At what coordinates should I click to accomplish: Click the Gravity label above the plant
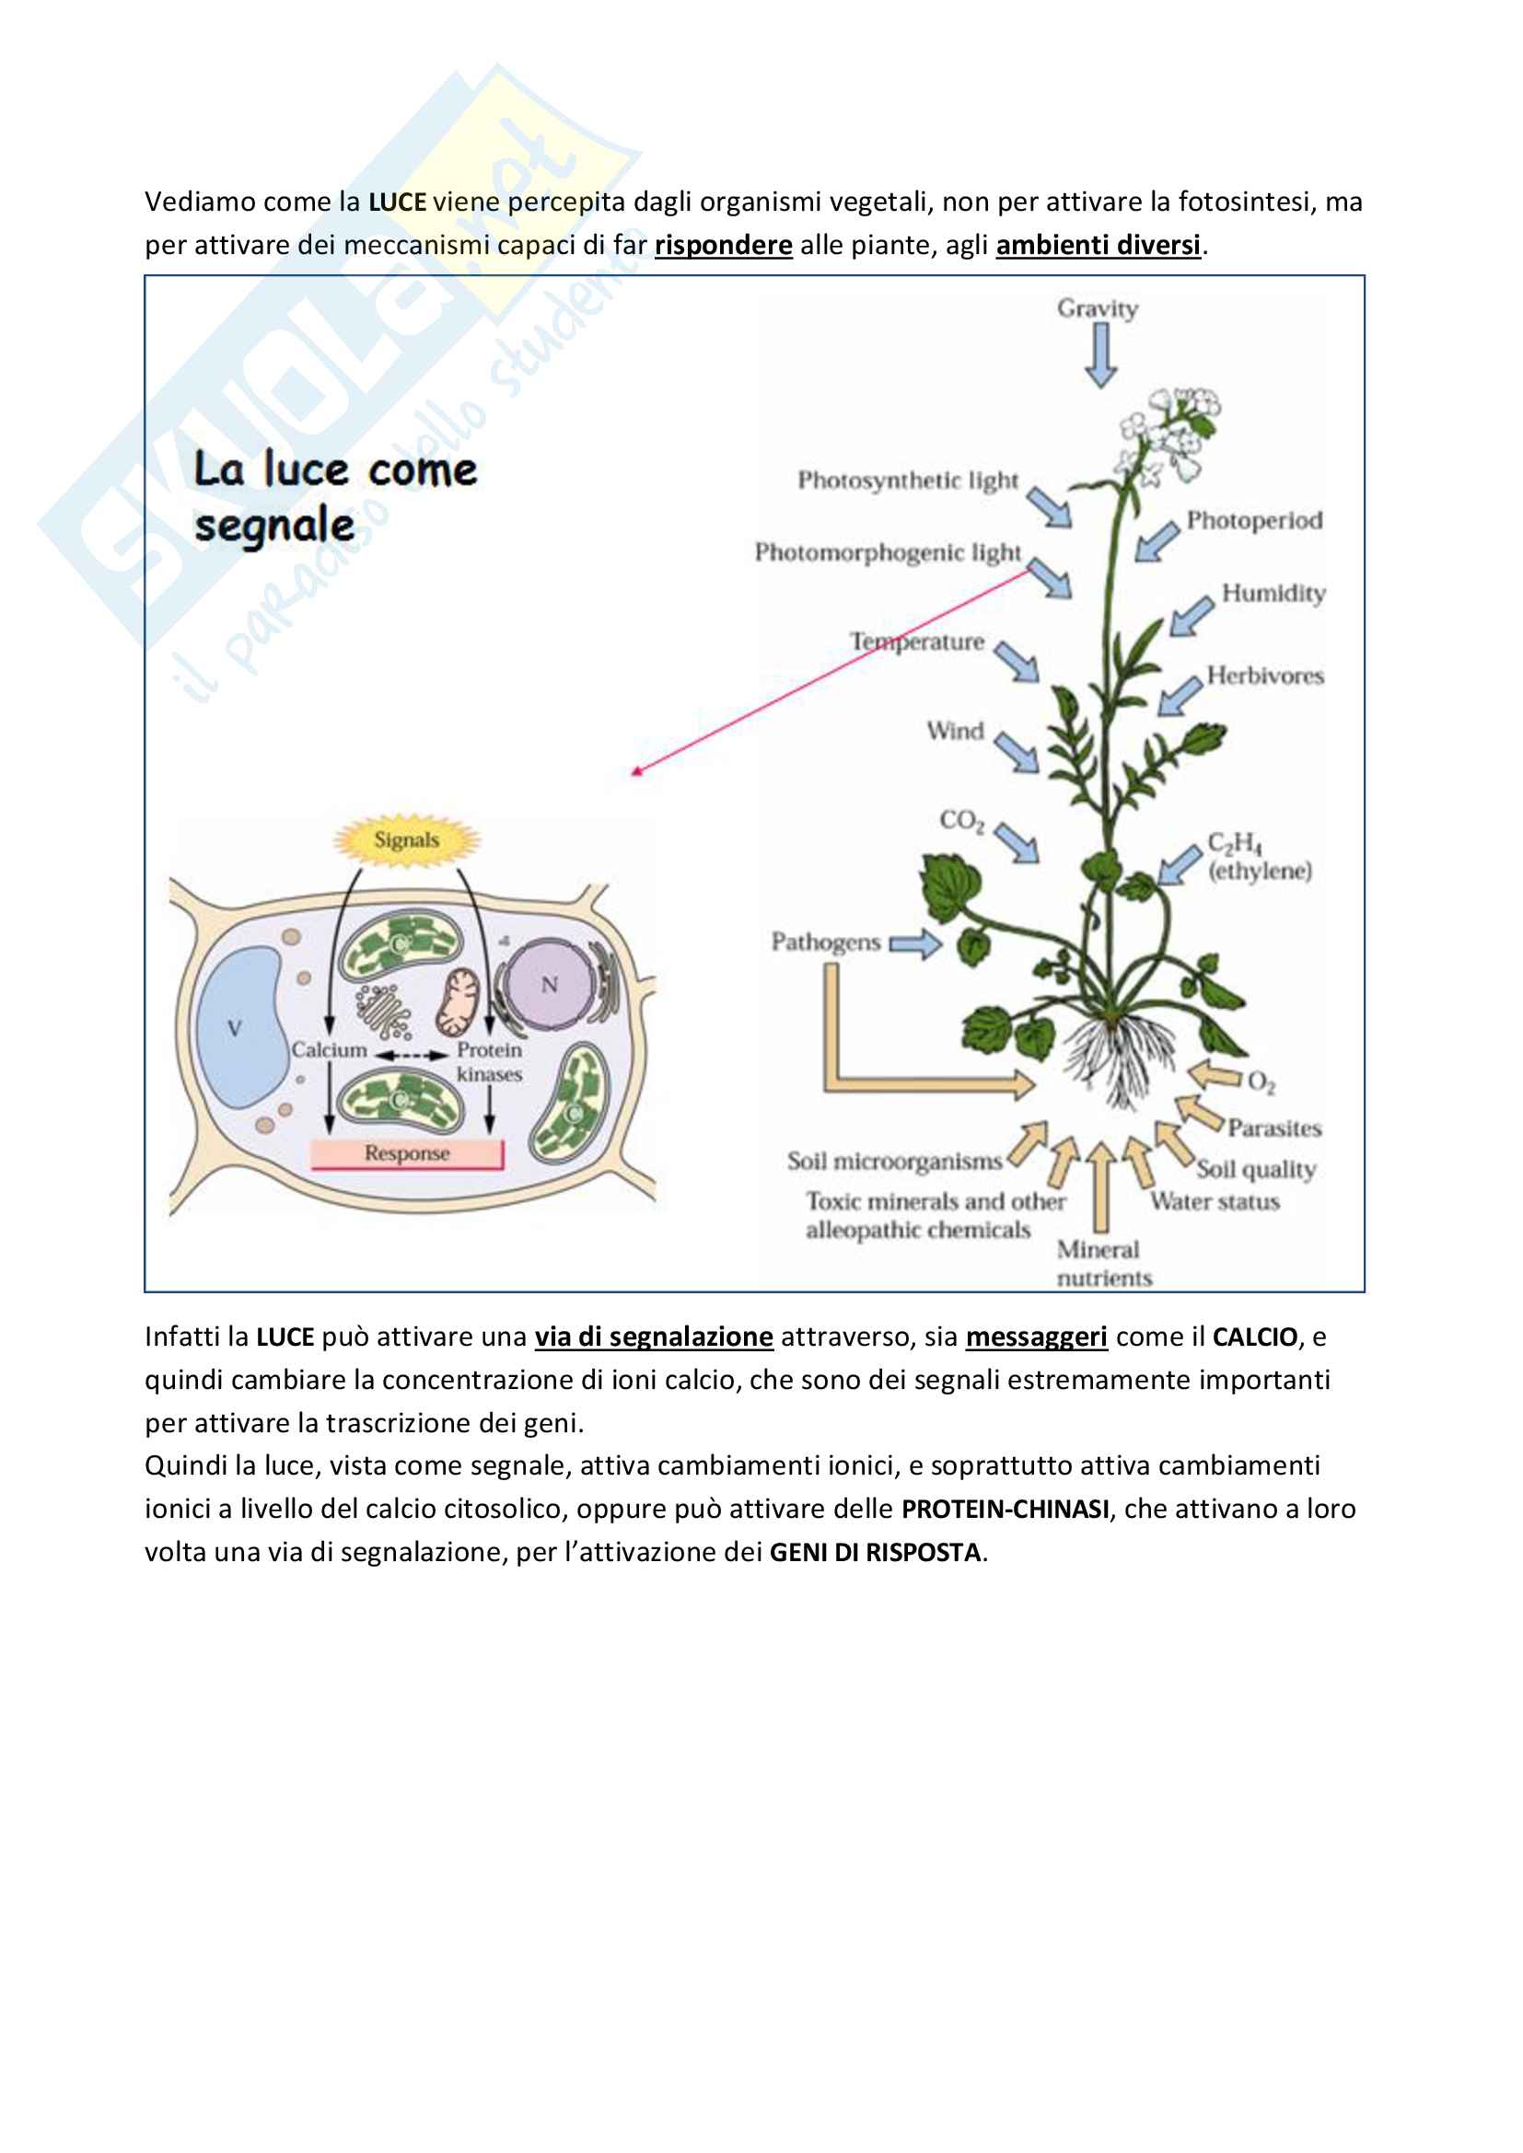click(x=1098, y=308)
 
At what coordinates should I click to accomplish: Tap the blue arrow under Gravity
click(x=1100, y=355)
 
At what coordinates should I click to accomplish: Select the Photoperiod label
click(x=1254, y=520)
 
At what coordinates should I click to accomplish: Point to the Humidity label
click(x=1273, y=594)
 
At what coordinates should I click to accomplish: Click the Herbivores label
click(x=1265, y=675)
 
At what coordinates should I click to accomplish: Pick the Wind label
click(x=955, y=731)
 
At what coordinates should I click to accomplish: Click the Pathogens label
click(x=825, y=942)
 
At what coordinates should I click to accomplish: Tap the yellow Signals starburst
click(x=407, y=839)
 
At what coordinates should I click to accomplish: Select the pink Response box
click(x=407, y=1153)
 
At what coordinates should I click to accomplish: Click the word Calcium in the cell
click(x=328, y=1049)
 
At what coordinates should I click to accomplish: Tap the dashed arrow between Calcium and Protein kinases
click(x=412, y=1055)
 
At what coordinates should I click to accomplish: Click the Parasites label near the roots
click(x=1274, y=1129)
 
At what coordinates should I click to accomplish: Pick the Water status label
click(x=1215, y=1201)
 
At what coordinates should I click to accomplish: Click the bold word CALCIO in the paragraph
click(x=1255, y=1337)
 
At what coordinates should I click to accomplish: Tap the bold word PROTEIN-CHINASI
click(x=1006, y=1509)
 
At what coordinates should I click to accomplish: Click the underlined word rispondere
click(x=723, y=246)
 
